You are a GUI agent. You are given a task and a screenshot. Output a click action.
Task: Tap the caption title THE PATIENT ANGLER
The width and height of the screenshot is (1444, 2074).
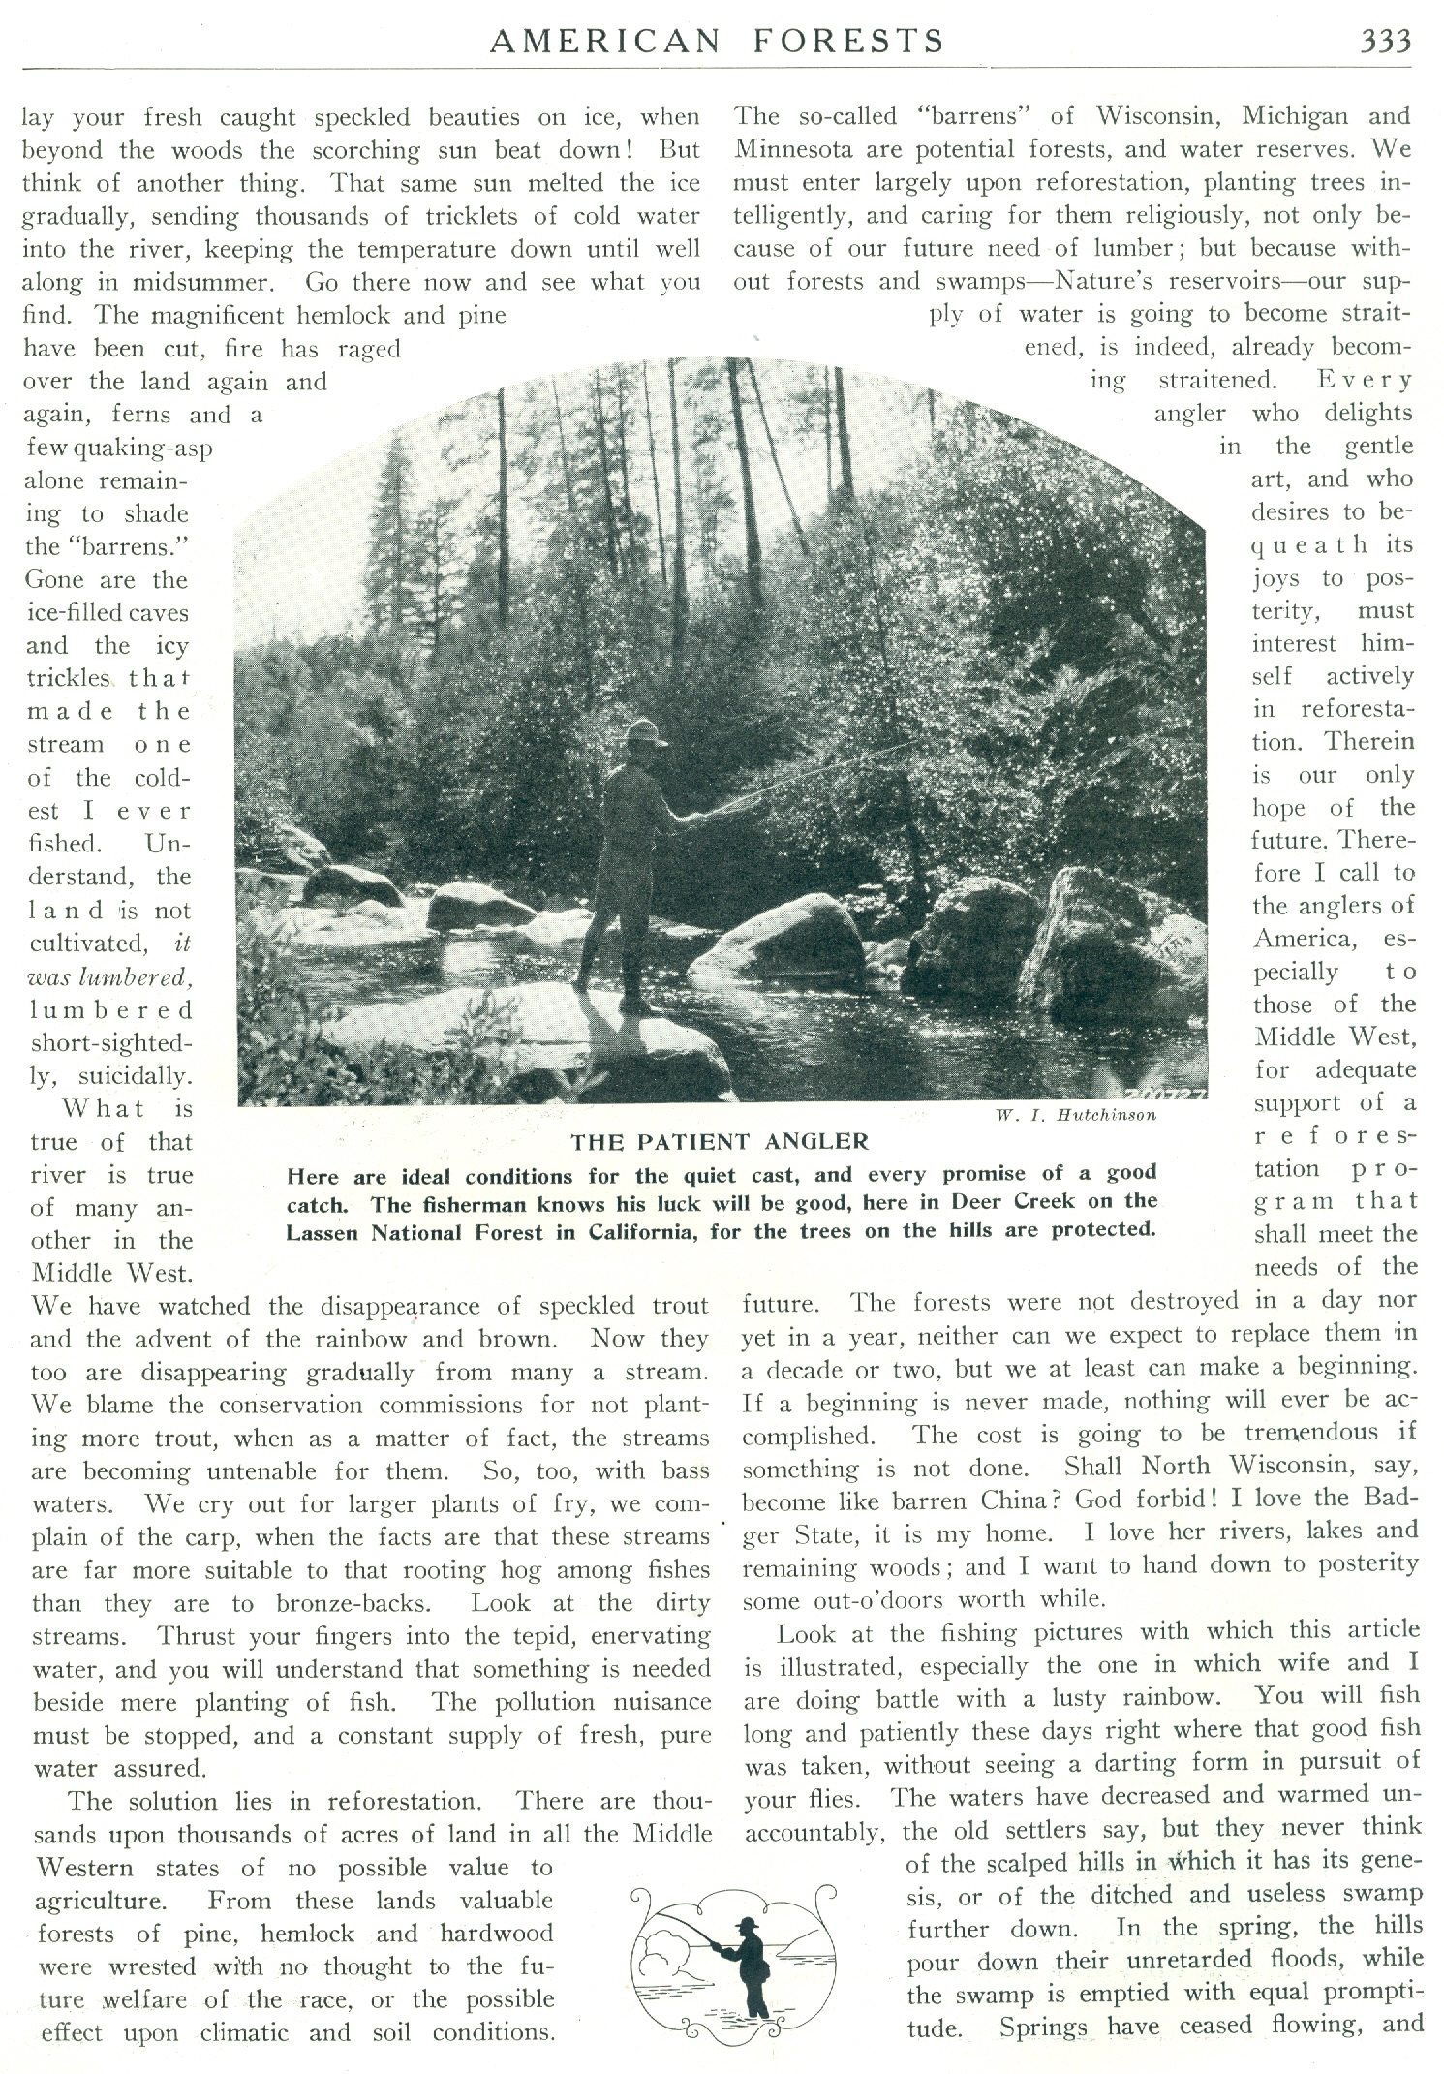720,1141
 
